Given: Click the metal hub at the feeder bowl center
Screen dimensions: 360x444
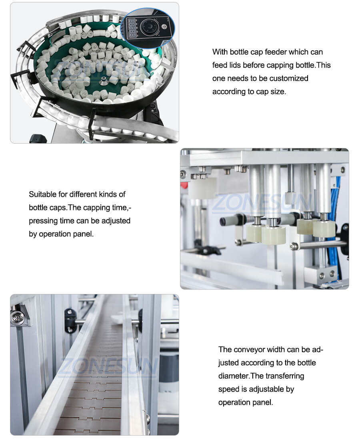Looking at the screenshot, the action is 102,81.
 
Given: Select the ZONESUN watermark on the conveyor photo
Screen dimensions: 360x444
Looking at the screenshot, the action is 109,367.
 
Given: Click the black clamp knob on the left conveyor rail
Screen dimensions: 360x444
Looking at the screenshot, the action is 70,320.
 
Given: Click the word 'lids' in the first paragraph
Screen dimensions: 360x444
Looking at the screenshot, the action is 235,66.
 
